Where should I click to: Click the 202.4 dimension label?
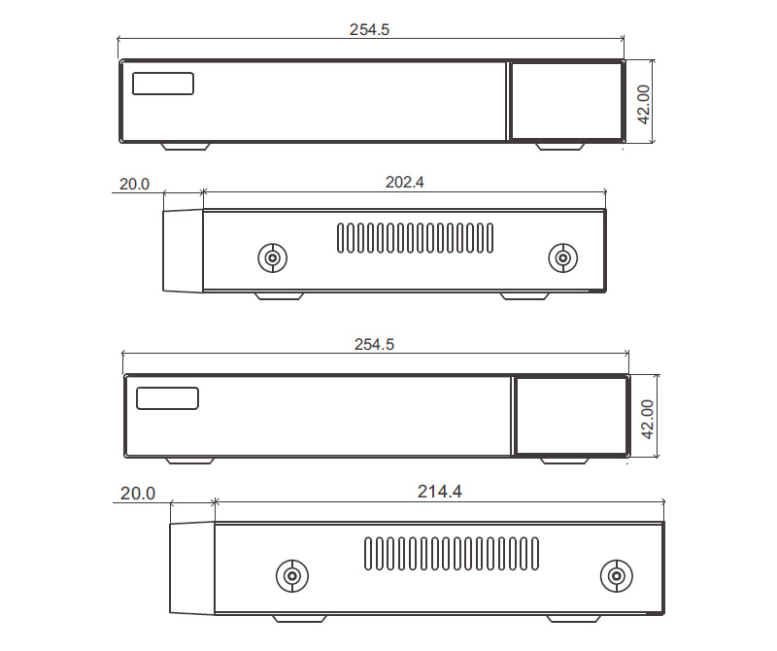pos(405,182)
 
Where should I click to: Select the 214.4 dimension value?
pos(439,493)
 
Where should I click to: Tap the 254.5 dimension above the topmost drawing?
pos(369,30)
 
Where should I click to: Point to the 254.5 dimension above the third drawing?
pos(374,345)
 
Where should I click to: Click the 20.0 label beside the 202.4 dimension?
pos(134,184)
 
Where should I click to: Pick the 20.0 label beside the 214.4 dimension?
pos(137,494)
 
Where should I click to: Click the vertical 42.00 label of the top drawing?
pos(643,102)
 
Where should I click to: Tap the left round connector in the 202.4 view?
pos(273,258)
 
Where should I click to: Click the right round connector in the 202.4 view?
pos(560,257)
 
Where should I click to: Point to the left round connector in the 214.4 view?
pos(290,576)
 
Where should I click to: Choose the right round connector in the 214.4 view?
pos(614,576)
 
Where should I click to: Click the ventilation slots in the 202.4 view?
pos(415,237)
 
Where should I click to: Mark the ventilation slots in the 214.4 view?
pos(451,555)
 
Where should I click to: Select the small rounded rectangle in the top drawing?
pos(163,84)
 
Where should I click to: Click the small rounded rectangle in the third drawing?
pos(167,398)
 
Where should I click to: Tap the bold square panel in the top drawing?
pos(565,101)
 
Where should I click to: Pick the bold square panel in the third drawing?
pos(570,416)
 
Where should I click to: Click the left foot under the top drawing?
pos(185,147)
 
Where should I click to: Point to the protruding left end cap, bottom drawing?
pos(191,568)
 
